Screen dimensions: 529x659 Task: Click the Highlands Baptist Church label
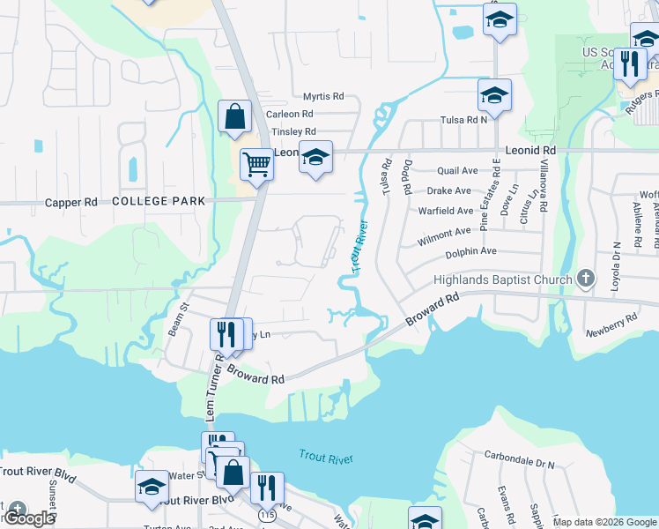[x=503, y=280]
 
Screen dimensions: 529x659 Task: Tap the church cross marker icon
[x=586, y=279]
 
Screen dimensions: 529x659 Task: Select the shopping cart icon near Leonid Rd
[x=256, y=165]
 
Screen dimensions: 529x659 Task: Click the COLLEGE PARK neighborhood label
[x=159, y=201]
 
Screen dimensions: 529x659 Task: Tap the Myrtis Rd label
[x=322, y=96]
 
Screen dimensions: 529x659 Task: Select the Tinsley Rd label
[x=292, y=131]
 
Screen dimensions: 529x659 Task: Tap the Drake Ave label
[x=448, y=190]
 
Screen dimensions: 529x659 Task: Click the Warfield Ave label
[x=446, y=211]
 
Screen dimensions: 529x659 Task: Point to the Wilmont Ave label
[x=444, y=232]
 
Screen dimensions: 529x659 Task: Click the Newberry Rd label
[x=611, y=325]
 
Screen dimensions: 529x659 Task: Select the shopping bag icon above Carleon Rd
[x=235, y=117]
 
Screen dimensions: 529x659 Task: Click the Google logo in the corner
[x=29, y=518]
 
